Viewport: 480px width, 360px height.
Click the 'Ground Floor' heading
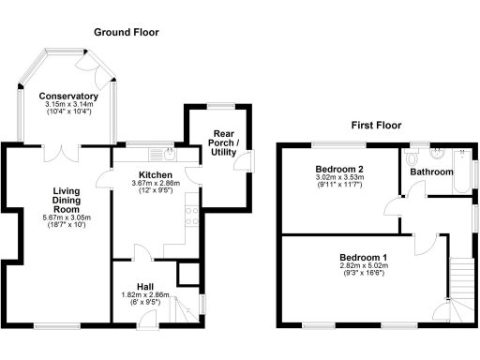126,32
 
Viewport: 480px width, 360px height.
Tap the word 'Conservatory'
68,96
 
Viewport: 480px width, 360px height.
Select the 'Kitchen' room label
154,175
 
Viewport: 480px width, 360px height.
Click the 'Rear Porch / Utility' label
223,142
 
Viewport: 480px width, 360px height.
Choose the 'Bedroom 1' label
363,257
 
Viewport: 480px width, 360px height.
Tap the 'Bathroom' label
430,172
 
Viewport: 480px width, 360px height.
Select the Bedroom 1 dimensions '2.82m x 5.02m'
363,266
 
